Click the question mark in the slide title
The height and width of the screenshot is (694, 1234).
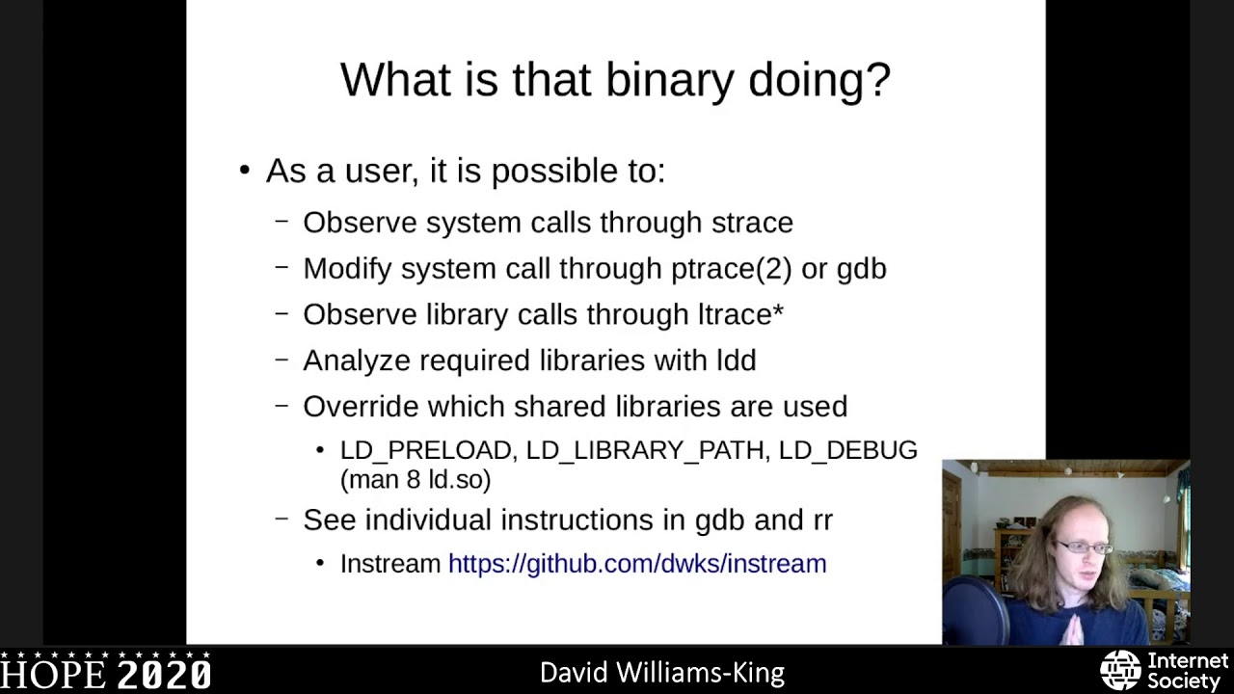click(x=878, y=79)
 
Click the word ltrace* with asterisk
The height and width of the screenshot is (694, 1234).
click(x=740, y=315)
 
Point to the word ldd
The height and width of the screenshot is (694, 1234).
click(x=736, y=360)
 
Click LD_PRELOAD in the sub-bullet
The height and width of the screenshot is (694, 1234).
click(x=425, y=450)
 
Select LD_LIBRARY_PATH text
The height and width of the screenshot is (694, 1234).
click(x=646, y=450)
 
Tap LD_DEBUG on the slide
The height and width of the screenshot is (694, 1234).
click(x=847, y=450)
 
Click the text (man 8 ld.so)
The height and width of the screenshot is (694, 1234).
click(x=415, y=479)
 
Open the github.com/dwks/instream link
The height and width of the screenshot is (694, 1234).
click(x=636, y=564)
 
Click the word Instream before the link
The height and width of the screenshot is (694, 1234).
click(x=389, y=564)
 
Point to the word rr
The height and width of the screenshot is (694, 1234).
click(x=821, y=520)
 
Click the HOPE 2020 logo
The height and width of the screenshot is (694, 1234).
click(x=106, y=673)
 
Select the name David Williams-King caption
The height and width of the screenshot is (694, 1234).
click(x=661, y=673)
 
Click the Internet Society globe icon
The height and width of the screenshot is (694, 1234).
click(x=1120, y=670)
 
